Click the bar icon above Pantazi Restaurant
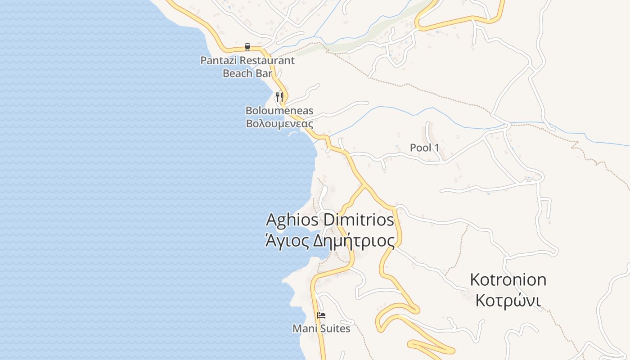247,47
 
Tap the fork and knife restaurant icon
279,97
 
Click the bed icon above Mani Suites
321,315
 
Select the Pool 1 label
424,148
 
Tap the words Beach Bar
247,73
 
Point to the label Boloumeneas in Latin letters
279,111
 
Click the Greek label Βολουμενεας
279,123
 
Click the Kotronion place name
508,279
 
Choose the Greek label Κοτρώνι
508,300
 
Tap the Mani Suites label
321,329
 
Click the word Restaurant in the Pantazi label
267,60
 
